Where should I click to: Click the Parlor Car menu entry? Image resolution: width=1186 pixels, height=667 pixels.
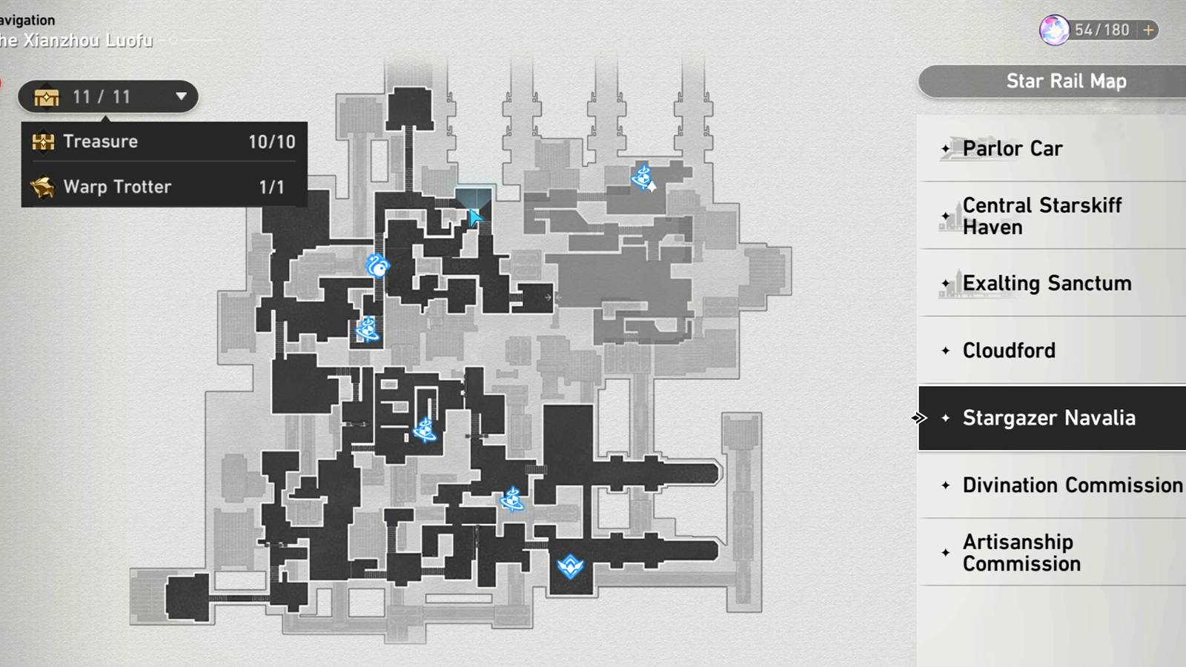[x=1012, y=149]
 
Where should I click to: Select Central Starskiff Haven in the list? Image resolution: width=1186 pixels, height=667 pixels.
[x=1041, y=216]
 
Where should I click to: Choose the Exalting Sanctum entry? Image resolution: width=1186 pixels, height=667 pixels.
[x=1047, y=283]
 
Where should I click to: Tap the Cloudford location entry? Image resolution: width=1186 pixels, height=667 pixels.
[x=1008, y=351]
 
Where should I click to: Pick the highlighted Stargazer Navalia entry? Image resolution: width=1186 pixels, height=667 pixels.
[x=1048, y=418]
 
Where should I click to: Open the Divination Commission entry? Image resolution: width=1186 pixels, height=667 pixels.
[x=1072, y=485]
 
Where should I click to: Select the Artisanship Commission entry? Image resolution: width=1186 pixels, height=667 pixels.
[x=1021, y=553]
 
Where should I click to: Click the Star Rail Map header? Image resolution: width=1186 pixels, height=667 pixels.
[x=1066, y=82]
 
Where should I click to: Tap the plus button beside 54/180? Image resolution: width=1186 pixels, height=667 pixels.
[x=1148, y=30]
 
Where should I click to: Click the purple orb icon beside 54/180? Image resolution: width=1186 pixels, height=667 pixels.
[x=1053, y=30]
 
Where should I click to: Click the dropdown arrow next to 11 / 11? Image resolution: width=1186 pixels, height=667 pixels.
[x=181, y=96]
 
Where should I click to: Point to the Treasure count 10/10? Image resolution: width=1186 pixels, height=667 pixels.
[x=271, y=142]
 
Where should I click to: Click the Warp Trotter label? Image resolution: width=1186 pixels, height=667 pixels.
[x=117, y=187]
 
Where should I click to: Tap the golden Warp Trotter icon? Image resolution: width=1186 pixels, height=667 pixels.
[x=43, y=187]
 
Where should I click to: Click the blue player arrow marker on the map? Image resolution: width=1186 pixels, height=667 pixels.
[x=475, y=217]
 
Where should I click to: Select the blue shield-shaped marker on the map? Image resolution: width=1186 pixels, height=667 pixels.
[x=570, y=566]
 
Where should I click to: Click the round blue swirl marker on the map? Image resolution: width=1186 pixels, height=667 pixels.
[x=378, y=265]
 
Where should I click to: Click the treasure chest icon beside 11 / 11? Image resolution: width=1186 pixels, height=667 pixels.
[x=46, y=97]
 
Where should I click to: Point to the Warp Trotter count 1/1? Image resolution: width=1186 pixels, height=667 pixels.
[x=271, y=187]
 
